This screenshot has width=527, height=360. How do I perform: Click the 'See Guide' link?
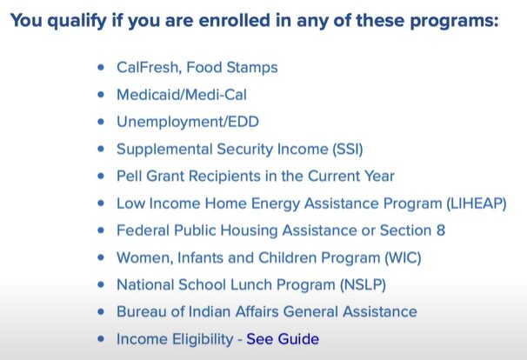(283, 339)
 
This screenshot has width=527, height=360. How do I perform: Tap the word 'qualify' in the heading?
(77, 21)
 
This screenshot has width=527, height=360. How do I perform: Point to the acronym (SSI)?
(348, 149)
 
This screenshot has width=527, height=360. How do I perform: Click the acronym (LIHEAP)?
(477, 203)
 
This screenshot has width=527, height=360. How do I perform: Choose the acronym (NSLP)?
(363, 284)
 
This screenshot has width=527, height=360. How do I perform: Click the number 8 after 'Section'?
(441, 230)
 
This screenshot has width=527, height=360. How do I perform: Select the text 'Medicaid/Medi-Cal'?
(182, 95)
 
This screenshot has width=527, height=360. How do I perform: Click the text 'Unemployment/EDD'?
(188, 122)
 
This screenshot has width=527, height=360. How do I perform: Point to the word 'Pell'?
(129, 176)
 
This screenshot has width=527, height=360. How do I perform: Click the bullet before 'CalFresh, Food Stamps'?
(101, 67)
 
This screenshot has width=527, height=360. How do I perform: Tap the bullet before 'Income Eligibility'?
(101, 339)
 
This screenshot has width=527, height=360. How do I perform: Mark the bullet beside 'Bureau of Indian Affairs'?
(101, 311)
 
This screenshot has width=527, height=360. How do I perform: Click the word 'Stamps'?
(252, 68)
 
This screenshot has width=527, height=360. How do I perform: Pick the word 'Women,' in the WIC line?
(145, 257)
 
